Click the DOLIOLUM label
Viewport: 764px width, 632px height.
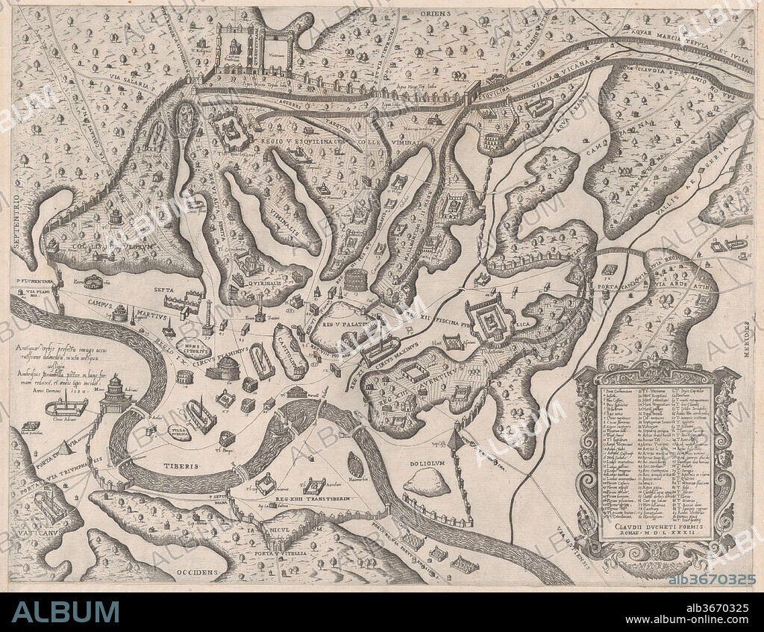coord(427,463)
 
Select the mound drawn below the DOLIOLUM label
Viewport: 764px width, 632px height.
coord(427,484)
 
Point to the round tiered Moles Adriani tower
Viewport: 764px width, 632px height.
coord(115,395)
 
